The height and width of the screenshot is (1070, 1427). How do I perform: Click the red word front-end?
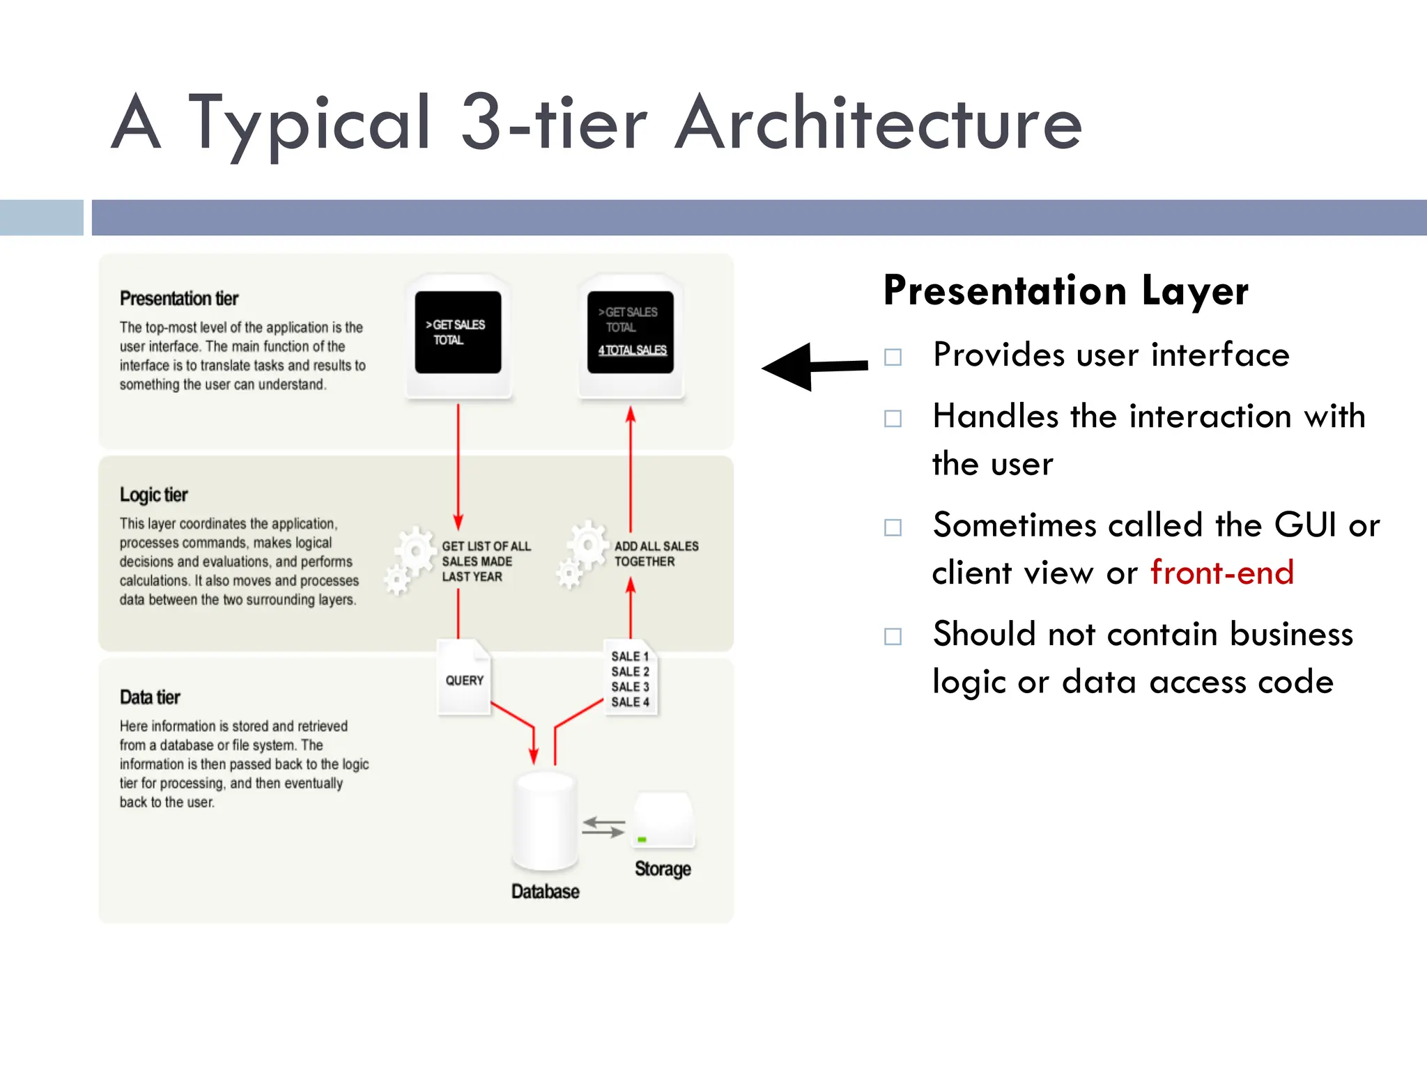click(x=1221, y=573)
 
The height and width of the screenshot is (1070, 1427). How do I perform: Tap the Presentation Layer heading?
click(x=1065, y=290)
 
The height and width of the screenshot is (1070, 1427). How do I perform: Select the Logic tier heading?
click(x=153, y=495)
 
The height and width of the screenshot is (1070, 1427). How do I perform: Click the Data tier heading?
click(x=150, y=697)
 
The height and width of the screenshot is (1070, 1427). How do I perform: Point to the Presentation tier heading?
click(x=179, y=298)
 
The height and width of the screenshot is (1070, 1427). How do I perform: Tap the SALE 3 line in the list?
click(x=630, y=687)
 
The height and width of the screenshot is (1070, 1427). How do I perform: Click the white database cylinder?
click(x=545, y=822)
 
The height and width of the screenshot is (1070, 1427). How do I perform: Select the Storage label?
click(x=663, y=869)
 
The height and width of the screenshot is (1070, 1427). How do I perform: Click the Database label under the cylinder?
click(x=545, y=892)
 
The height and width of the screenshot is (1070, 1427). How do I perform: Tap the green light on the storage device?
click(x=642, y=839)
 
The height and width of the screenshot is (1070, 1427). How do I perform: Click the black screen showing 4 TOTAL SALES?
click(x=631, y=332)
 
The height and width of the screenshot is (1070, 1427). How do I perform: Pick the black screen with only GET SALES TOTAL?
click(x=458, y=332)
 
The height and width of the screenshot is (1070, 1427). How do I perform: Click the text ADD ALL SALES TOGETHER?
click(x=656, y=554)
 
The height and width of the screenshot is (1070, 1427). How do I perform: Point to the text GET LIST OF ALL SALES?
click(x=486, y=554)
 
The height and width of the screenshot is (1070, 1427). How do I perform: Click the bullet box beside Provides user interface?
click(x=893, y=357)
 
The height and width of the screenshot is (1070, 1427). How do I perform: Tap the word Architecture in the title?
click(x=879, y=123)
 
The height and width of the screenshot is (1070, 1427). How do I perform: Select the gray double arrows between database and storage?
click(x=603, y=827)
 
